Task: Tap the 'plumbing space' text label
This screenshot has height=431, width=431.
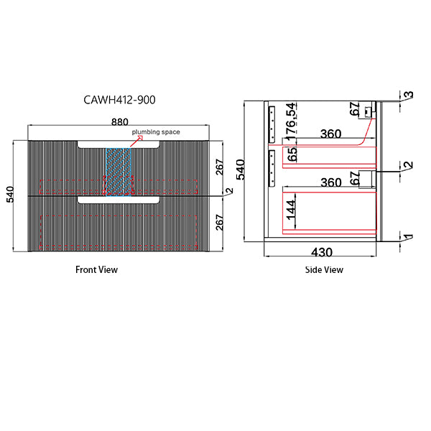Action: (155, 133)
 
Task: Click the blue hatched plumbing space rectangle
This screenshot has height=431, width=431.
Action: (120, 171)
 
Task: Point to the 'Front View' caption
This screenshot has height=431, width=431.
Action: (96, 270)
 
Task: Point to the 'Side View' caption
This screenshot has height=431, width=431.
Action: (324, 270)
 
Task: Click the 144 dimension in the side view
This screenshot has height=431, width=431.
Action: (292, 209)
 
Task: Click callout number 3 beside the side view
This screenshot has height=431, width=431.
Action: (407, 95)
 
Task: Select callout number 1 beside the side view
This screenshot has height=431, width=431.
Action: (407, 236)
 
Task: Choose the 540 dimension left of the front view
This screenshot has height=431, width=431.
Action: (9, 195)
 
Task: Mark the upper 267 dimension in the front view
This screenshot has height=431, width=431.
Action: (220, 167)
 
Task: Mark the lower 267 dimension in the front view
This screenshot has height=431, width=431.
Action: (220, 223)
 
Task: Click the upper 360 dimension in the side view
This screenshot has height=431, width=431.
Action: (330, 134)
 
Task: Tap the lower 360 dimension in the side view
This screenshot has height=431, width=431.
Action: (330, 182)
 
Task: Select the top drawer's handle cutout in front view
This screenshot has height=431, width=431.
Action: (119, 145)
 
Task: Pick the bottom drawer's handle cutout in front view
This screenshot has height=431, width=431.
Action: (119, 200)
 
